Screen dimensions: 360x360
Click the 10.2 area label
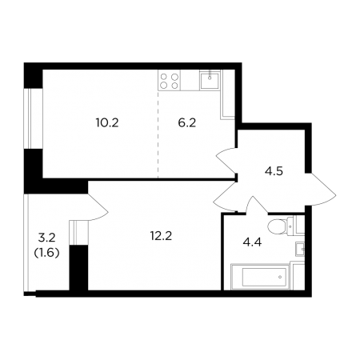pos(107,123)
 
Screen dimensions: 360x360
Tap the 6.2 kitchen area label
pos(187,123)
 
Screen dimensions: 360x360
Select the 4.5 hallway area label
pos(274,171)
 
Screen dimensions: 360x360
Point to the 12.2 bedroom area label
pos(161,236)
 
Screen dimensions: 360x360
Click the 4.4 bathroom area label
pos(252,242)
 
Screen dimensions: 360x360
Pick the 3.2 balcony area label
pos(47,238)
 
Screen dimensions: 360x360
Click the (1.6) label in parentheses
pos(47,252)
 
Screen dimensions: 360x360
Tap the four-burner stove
pos(169,80)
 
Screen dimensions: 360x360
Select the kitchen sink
pos(210,79)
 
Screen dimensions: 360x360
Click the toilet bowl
pos(277,226)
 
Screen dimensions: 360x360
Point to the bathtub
pos(261,277)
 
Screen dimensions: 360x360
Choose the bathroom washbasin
pos(300,250)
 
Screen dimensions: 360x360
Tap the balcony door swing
pos(98,207)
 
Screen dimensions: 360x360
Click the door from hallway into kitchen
pos(226,159)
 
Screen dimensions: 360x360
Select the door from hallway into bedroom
pos(226,197)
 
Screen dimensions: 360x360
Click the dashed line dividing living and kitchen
pos(158,134)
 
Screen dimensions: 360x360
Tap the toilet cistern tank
pos(290,226)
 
